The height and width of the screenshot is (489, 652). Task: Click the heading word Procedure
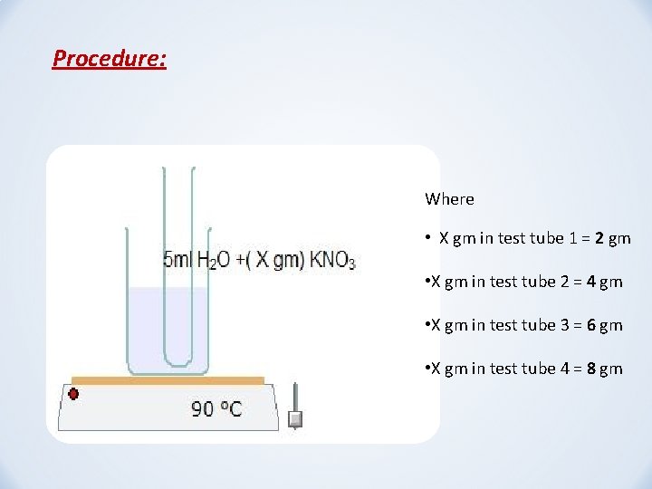pos(109,59)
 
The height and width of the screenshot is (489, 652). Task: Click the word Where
pos(449,199)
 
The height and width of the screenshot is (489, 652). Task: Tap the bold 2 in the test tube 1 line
pos(600,239)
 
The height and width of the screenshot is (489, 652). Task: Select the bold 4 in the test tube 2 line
pos(591,282)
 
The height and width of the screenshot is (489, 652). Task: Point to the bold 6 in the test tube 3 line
pos(591,325)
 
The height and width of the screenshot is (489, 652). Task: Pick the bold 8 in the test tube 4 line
pos(591,369)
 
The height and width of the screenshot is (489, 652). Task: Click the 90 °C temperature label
pos(216,409)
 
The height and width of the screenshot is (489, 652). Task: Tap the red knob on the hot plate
pos(73,394)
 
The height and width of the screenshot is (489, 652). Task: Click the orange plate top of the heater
pos(168,380)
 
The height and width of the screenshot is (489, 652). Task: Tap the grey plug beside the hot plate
pos(294,419)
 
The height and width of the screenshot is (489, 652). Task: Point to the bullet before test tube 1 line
pos(427,239)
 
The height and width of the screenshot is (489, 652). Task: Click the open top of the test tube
pos(178,170)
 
